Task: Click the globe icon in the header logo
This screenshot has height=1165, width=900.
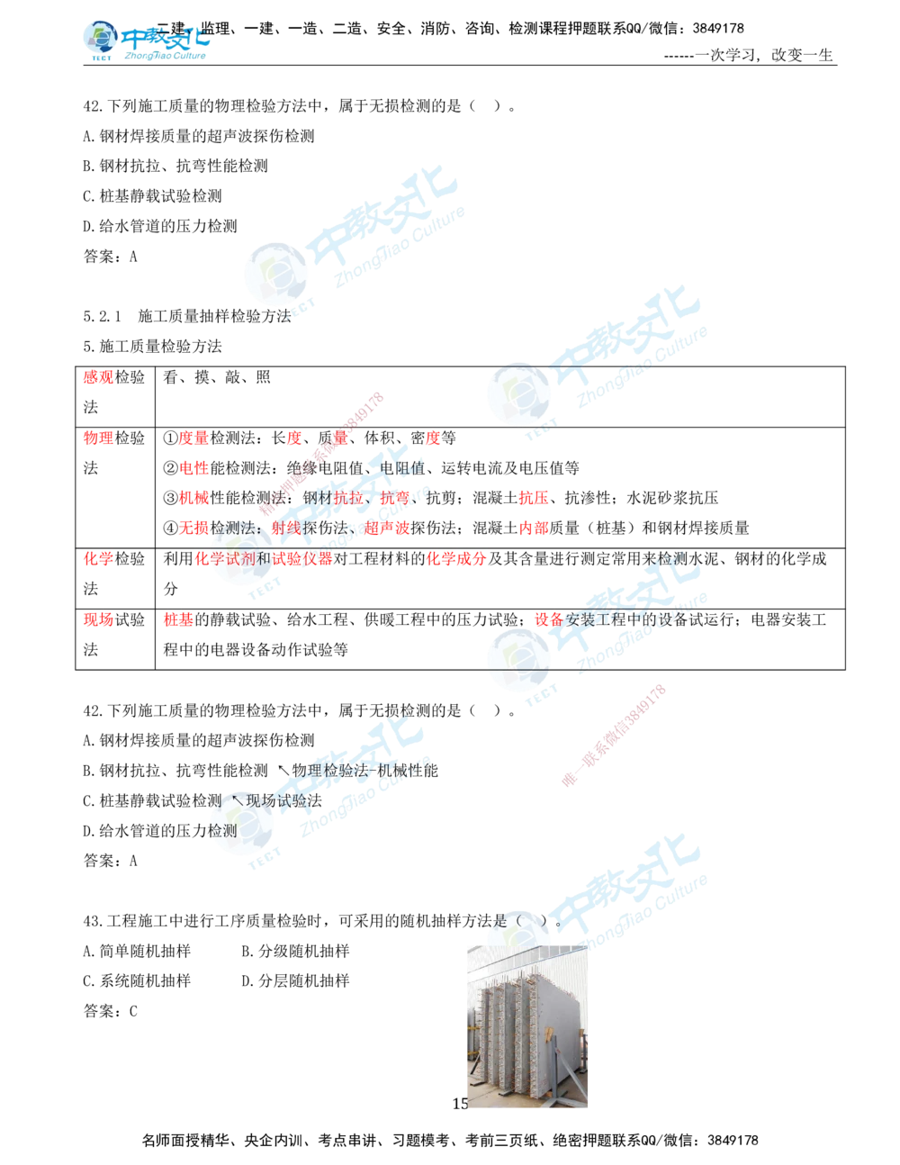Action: (99, 38)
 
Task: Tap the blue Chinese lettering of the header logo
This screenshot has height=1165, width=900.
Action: (166, 39)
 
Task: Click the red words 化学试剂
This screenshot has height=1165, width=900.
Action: (225, 559)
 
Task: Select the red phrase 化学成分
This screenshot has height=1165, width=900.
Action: (456, 559)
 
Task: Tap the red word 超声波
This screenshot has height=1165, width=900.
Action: (388, 528)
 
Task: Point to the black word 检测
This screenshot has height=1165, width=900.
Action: (223, 831)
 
